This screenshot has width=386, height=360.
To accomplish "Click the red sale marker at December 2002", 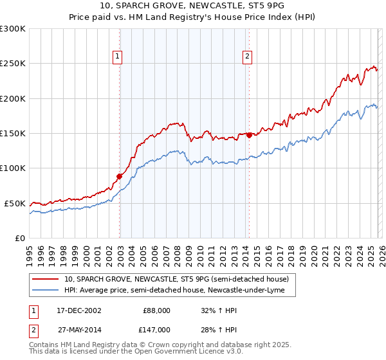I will pyautogui.click(x=120, y=176).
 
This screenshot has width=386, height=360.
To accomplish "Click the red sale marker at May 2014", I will pyautogui.click(x=249, y=135).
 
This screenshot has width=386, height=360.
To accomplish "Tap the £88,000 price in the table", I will pyautogui.click(x=156, y=310).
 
